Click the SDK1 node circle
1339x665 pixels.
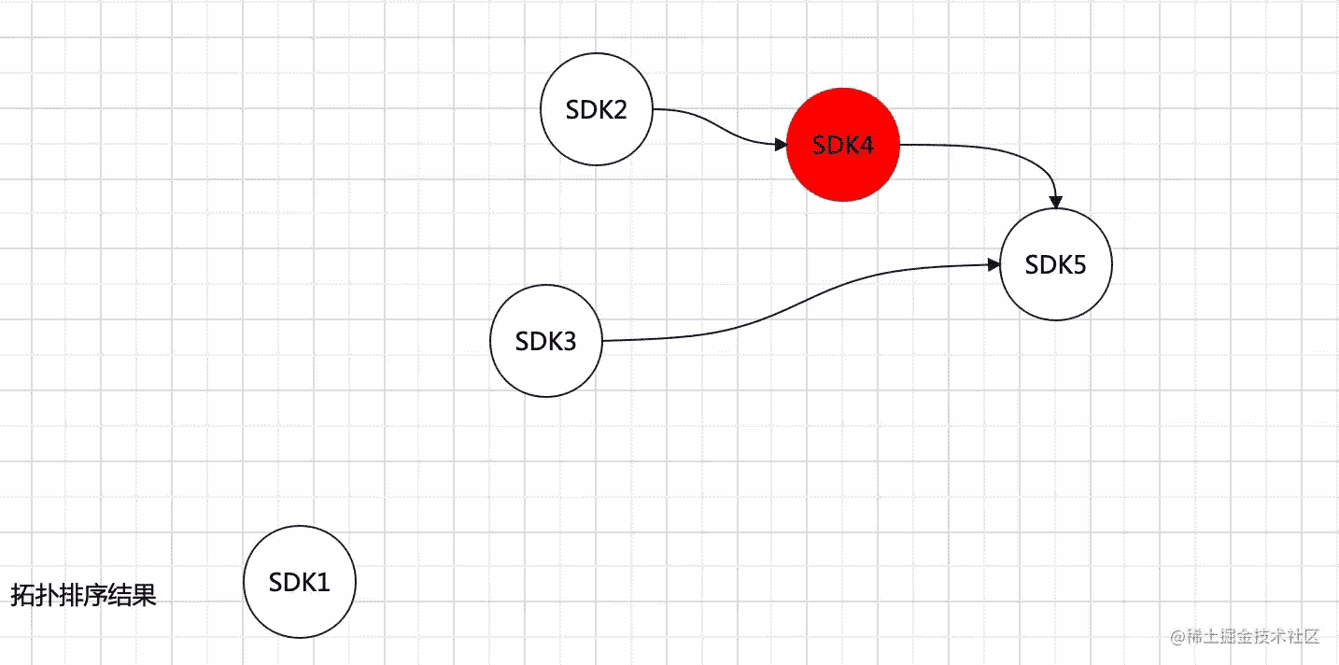(300, 582)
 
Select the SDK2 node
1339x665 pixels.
(597, 109)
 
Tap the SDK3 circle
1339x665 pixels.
(546, 341)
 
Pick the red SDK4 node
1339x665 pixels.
(843, 145)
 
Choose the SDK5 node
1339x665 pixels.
(1056, 265)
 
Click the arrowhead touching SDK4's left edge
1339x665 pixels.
(781, 145)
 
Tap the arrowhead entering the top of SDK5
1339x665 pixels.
(1056, 202)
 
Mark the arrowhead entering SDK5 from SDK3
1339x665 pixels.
(994, 265)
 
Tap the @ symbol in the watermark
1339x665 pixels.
(1177, 638)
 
